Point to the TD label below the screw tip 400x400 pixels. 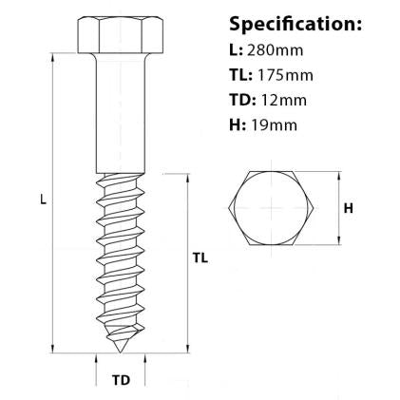pyautogui.click(x=121, y=381)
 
